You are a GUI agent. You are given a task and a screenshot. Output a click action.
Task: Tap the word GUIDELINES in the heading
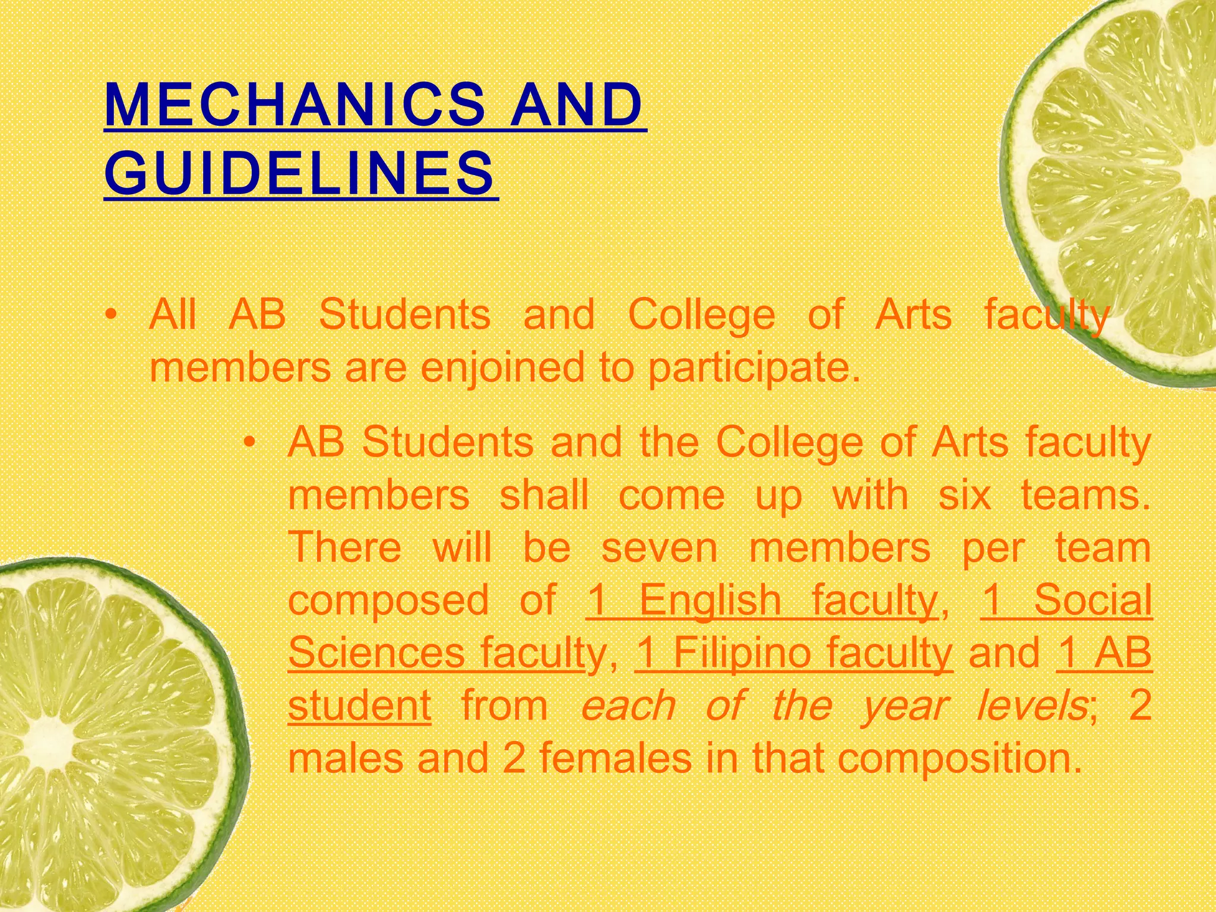(299, 173)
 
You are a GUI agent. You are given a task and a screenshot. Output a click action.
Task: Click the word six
(965, 495)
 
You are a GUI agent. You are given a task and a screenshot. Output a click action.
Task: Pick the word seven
(659, 547)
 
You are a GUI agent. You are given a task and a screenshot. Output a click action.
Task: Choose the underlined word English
(710, 600)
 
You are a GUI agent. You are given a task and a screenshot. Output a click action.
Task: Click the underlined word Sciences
(376, 652)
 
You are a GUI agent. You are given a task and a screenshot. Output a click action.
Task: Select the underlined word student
(359, 705)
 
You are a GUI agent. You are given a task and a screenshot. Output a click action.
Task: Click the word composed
(388, 601)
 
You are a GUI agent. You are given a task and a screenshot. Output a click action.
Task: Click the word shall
(544, 495)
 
